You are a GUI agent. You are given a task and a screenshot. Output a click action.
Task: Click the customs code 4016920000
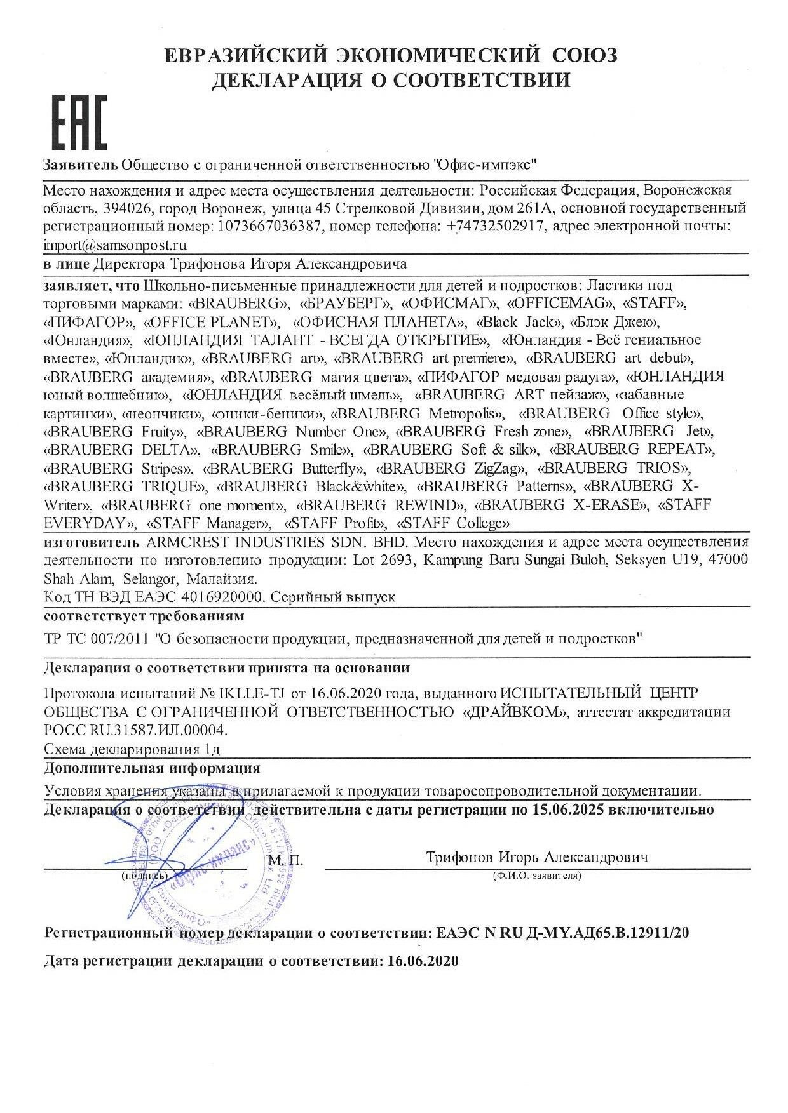click(216, 597)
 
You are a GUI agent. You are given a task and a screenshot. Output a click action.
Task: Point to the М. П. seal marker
click(287, 861)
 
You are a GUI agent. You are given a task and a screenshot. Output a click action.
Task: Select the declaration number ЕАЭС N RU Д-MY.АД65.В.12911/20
click(563, 933)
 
